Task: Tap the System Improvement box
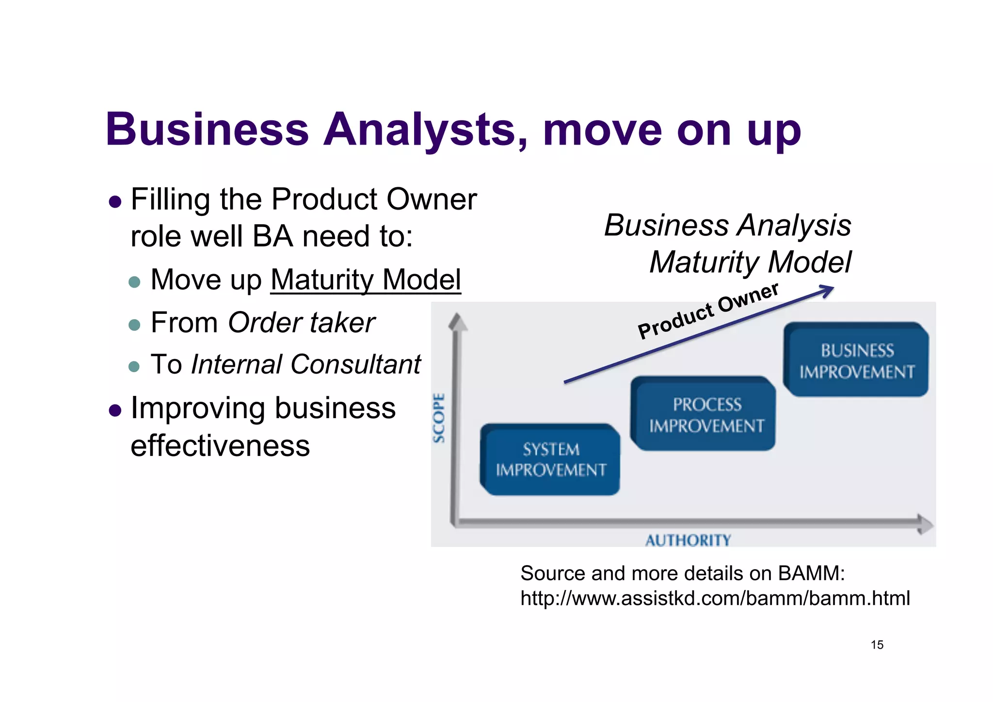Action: (x=550, y=459)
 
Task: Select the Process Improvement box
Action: (x=704, y=414)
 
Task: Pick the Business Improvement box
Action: (x=856, y=360)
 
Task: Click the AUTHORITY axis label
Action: (x=688, y=540)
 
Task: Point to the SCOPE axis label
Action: (x=439, y=418)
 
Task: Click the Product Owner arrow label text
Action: (x=708, y=310)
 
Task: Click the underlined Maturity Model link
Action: (x=366, y=280)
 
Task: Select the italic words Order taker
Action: (x=301, y=323)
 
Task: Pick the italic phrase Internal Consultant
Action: (x=305, y=364)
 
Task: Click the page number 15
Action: (x=877, y=645)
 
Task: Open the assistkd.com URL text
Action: (x=715, y=598)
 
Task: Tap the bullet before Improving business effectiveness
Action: (x=115, y=410)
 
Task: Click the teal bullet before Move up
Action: (x=134, y=282)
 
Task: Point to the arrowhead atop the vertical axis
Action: (x=457, y=322)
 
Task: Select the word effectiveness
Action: (x=220, y=446)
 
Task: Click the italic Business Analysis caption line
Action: (x=727, y=226)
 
